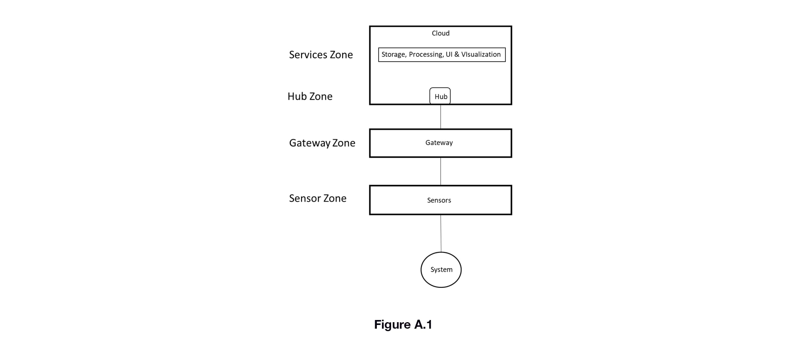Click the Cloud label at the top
pyautogui.click(x=440, y=33)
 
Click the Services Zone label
pyautogui.click(x=321, y=55)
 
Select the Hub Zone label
pyautogui.click(x=310, y=96)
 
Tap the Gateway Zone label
pyautogui.click(x=322, y=143)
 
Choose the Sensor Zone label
pyautogui.click(x=318, y=198)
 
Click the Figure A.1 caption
pyautogui.click(x=403, y=325)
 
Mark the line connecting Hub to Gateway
pyautogui.click(x=440, y=117)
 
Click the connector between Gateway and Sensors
pyautogui.click(x=440, y=171)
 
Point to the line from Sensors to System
pyautogui.click(x=441, y=233)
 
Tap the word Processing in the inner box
pyautogui.click(x=426, y=55)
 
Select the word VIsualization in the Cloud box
pyautogui.click(x=481, y=54)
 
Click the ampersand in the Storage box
pyautogui.click(x=456, y=54)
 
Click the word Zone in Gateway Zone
pyautogui.click(x=344, y=143)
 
